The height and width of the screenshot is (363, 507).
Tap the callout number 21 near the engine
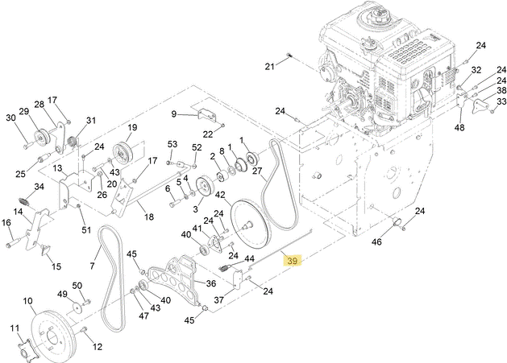(x=270, y=66)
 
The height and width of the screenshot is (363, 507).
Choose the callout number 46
(x=376, y=241)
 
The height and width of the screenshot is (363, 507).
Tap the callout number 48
(x=459, y=127)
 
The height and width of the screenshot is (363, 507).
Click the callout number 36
(x=210, y=283)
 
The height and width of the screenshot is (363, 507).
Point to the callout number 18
(x=147, y=217)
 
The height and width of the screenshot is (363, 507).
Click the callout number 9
(x=173, y=114)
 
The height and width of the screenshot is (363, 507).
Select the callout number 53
(x=172, y=144)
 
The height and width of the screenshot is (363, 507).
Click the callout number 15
(x=56, y=266)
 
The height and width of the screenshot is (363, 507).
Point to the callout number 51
(x=86, y=231)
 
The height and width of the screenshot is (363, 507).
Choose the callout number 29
(x=23, y=111)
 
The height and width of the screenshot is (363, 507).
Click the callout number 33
(x=501, y=101)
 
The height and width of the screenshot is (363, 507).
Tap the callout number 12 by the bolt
(x=98, y=347)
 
